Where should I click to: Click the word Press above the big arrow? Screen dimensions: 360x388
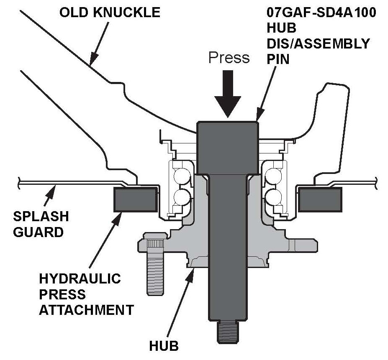(x=229, y=57)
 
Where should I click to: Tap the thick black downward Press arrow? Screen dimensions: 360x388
(x=228, y=94)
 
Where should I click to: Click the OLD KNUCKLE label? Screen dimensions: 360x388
(x=110, y=12)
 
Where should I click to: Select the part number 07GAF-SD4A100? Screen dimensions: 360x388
(x=321, y=12)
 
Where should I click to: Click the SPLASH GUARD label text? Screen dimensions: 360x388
(x=41, y=224)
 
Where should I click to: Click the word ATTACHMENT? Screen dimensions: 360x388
(x=86, y=310)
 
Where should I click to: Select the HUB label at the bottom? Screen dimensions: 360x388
(x=164, y=346)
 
